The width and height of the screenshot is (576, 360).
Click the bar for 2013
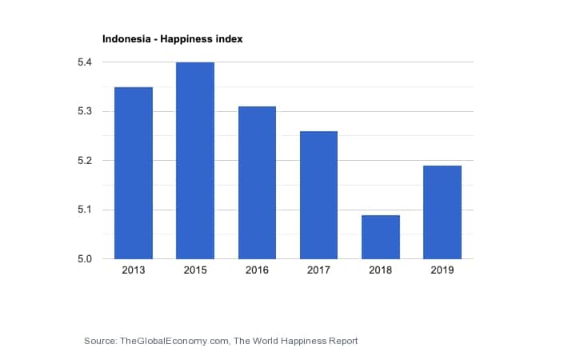[x=134, y=173]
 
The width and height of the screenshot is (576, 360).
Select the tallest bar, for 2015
[x=195, y=160]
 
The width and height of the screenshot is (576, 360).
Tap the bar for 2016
[x=257, y=182]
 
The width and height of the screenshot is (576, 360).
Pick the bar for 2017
[x=318, y=194]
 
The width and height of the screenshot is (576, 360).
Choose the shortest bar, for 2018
[x=380, y=237]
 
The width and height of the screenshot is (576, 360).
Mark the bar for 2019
[x=442, y=212]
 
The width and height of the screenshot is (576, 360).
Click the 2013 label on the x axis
[x=134, y=270]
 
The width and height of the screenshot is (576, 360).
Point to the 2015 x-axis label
[x=195, y=270]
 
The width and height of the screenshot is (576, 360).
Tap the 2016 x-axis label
[x=257, y=270]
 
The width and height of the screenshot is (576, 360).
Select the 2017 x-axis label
[x=318, y=270]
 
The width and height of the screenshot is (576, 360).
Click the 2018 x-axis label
[x=380, y=270]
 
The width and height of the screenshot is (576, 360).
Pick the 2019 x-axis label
[x=442, y=270]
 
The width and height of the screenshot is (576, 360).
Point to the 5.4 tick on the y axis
[x=85, y=62]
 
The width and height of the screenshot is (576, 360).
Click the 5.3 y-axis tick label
[x=85, y=111]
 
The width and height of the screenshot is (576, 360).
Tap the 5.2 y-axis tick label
[x=85, y=161]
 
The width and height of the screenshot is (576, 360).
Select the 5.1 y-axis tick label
[x=85, y=210]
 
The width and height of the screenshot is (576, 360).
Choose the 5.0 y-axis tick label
[x=85, y=259]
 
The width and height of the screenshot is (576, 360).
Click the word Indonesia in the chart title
[x=125, y=38]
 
